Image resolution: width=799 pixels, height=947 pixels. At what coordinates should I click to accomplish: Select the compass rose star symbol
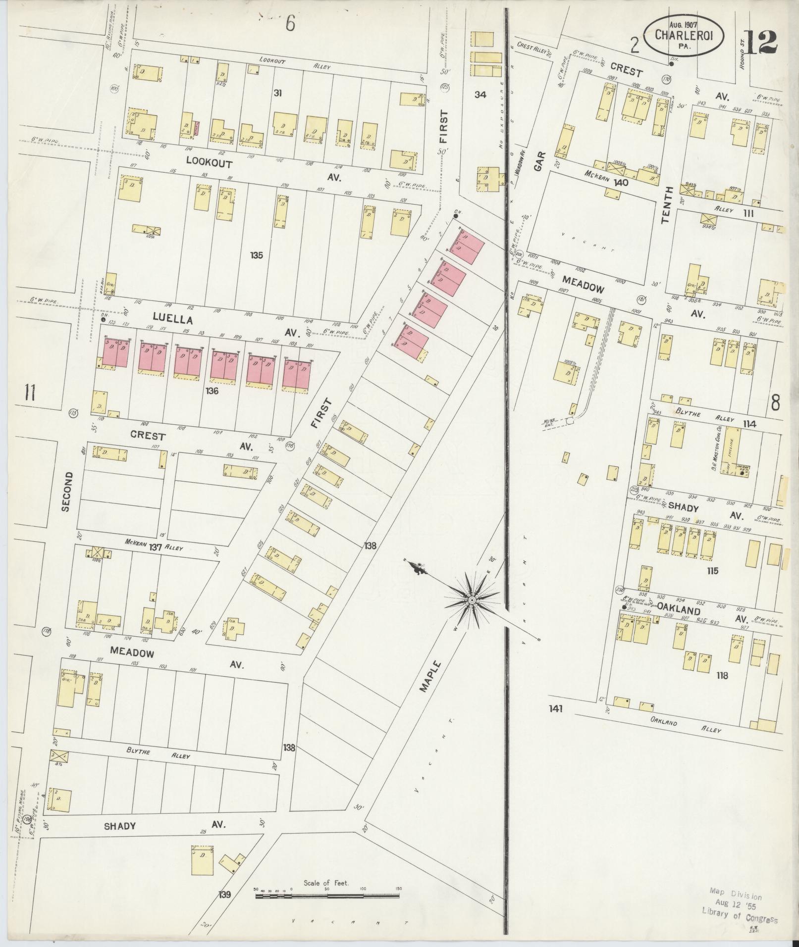tap(472, 599)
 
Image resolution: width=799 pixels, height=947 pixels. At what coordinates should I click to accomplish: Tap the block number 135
tap(256, 255)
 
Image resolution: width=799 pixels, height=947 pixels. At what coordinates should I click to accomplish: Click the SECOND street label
tap(67, 491)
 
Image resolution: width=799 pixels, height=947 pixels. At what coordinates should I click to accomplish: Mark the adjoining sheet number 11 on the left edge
tap(30, 393)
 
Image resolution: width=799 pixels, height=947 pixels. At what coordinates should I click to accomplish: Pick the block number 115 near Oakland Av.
tap(712, 571)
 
